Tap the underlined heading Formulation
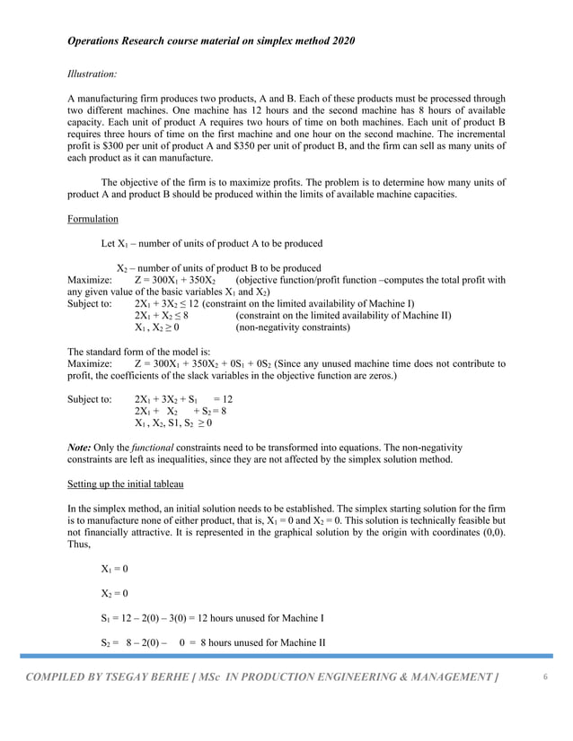tap(94, 218)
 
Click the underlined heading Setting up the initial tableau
tap(126, 484)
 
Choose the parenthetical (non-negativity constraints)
tap(292, 328)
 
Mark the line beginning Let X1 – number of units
tap(212, 243)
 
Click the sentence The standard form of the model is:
tap(139, 351)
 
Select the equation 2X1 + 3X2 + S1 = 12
tap(183, 399)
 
